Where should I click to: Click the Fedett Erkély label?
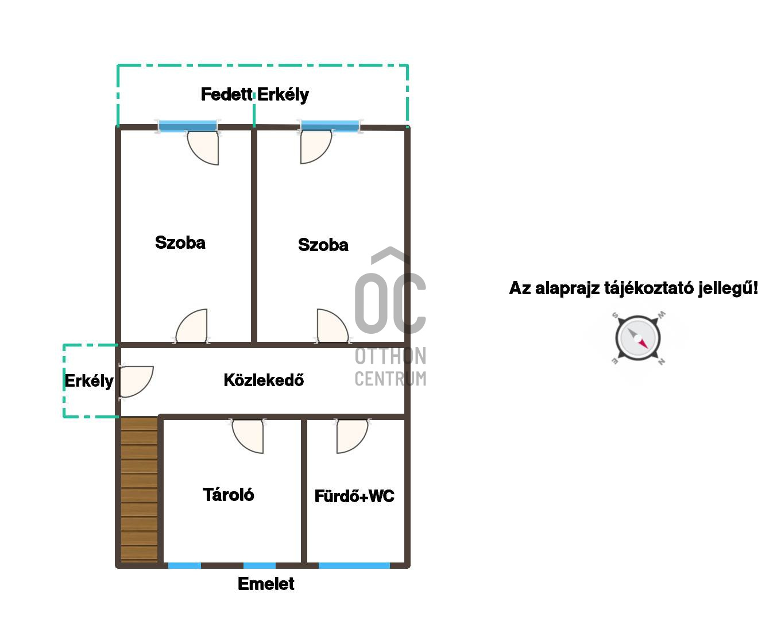[x=254, y=95]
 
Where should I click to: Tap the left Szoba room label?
[x=180, y=242]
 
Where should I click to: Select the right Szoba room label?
[x=323, y=245]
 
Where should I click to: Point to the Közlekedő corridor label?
[x=264, y=380]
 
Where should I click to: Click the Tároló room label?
[x=228, y=495]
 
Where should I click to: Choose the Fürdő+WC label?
[x=354, y=496]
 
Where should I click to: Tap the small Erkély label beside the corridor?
[x=89, y=381]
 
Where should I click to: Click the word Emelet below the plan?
[x=266, y=584]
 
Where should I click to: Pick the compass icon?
[x=637, y=338]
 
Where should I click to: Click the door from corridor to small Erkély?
[x=136, y=381]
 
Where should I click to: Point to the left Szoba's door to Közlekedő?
[x=191, y=326]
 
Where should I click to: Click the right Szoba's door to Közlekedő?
[x=332, y=326]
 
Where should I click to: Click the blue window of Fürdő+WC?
[x=354, y=565]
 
